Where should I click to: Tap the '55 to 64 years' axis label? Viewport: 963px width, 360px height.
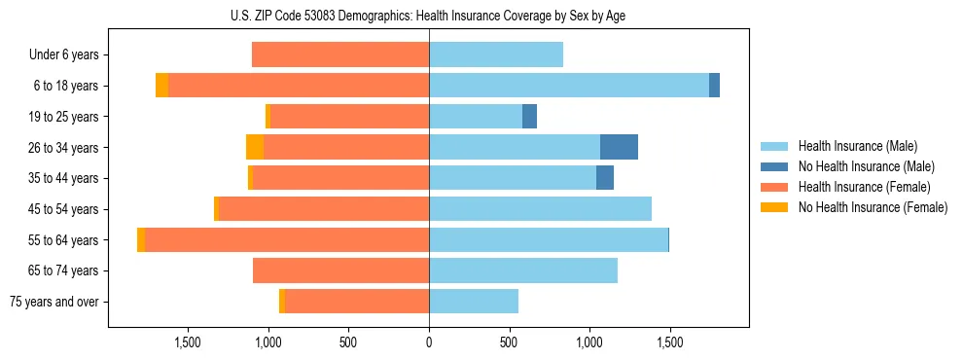(63, 240)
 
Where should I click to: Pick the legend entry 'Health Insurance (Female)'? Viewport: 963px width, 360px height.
(864, 187)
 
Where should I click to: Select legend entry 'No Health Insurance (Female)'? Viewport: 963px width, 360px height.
(872, 207)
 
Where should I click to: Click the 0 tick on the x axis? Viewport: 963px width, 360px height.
(429, 342)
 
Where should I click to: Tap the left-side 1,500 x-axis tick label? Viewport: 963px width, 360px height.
(188, 342)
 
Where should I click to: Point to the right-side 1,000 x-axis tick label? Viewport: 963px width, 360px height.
(589, 342)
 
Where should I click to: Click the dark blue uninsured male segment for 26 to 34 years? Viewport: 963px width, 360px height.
(619, 147)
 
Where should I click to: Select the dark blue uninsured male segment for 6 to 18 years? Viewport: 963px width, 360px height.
(714, 86)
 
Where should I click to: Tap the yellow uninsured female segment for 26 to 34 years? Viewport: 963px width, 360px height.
(255, 147)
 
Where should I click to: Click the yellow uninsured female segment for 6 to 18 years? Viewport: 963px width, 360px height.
(161, 86)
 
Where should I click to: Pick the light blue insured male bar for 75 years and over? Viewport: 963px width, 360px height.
(474, 302)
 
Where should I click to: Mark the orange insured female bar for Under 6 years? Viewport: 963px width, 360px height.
(340, 55)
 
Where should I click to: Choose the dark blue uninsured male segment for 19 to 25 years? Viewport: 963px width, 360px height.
(529, 117)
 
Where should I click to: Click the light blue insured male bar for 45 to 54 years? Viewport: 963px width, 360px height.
(540, 209)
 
